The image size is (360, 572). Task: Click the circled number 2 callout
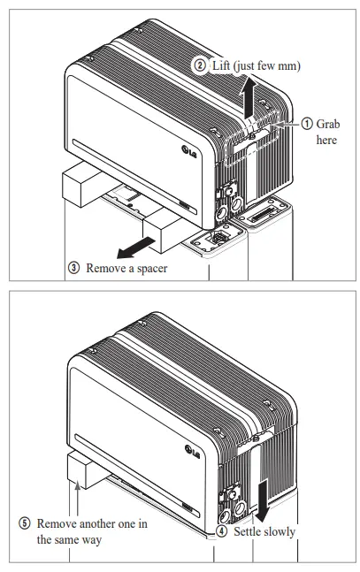click(200, 65)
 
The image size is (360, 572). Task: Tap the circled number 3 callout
click(74, 267)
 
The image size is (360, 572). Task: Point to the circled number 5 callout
click(25, 522)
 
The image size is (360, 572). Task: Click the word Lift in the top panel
click(223, 65)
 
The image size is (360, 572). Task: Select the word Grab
click(328, 125)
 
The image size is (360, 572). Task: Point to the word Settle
click(248, 532)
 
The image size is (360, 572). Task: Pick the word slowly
click(281, 532)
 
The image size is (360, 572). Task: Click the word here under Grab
click(326, 141)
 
